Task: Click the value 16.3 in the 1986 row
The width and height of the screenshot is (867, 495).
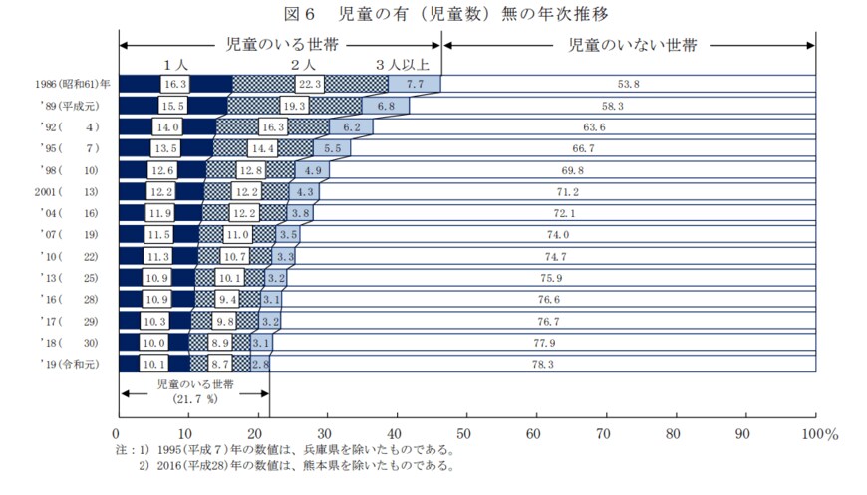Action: (176, 84)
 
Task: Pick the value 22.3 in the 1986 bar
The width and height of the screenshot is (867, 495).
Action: (310, 84)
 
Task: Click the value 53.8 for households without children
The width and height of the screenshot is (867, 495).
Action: (629, 84)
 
